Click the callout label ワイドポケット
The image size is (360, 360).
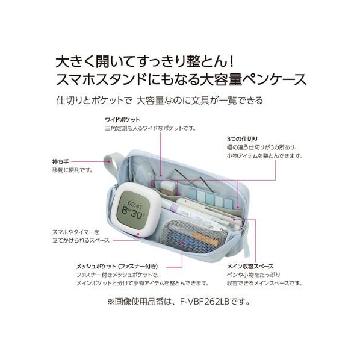(122, 120)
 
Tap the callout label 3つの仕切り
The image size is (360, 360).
(242, 139)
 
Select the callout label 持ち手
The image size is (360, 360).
(60, 161)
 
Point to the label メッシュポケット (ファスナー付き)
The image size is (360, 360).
(117, 267)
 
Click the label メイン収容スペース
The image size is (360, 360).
(250, 267)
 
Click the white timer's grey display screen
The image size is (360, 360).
(132, 209)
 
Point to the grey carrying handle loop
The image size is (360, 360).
(111, 164)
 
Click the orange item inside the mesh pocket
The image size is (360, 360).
(205, 238)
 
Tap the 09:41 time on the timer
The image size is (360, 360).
(135, 204)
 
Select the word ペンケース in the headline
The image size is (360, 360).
(275, 79)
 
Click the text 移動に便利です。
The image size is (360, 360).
(73, 170)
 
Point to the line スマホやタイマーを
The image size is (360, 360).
(76, 232)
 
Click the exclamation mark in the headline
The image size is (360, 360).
(232, 61)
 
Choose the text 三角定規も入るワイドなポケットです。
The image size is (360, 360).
(151, 128)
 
